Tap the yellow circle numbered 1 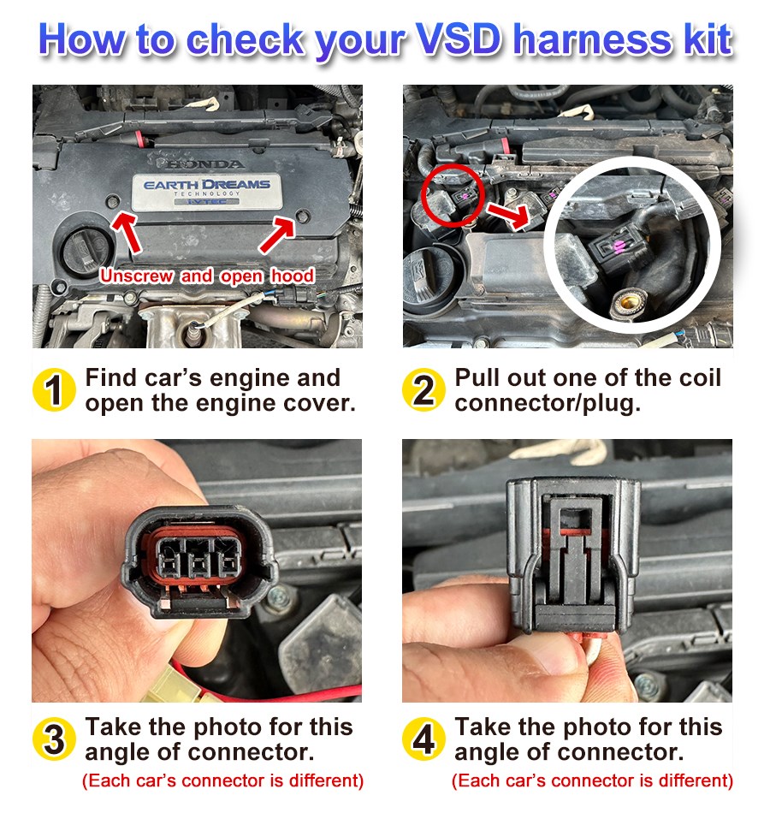(x=55, y=390)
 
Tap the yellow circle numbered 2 (x=424, y=390)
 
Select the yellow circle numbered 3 (x=55, y=739)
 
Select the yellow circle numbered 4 (x=424, y=739)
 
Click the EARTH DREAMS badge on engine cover (x=206, y=191)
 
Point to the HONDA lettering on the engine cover (x=204, y=163)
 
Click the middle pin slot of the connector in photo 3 (x=198, y=566)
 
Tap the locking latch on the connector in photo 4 (x=572, y=522)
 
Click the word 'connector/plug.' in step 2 (x=548, y=403)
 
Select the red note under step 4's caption (x=592, y=780)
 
